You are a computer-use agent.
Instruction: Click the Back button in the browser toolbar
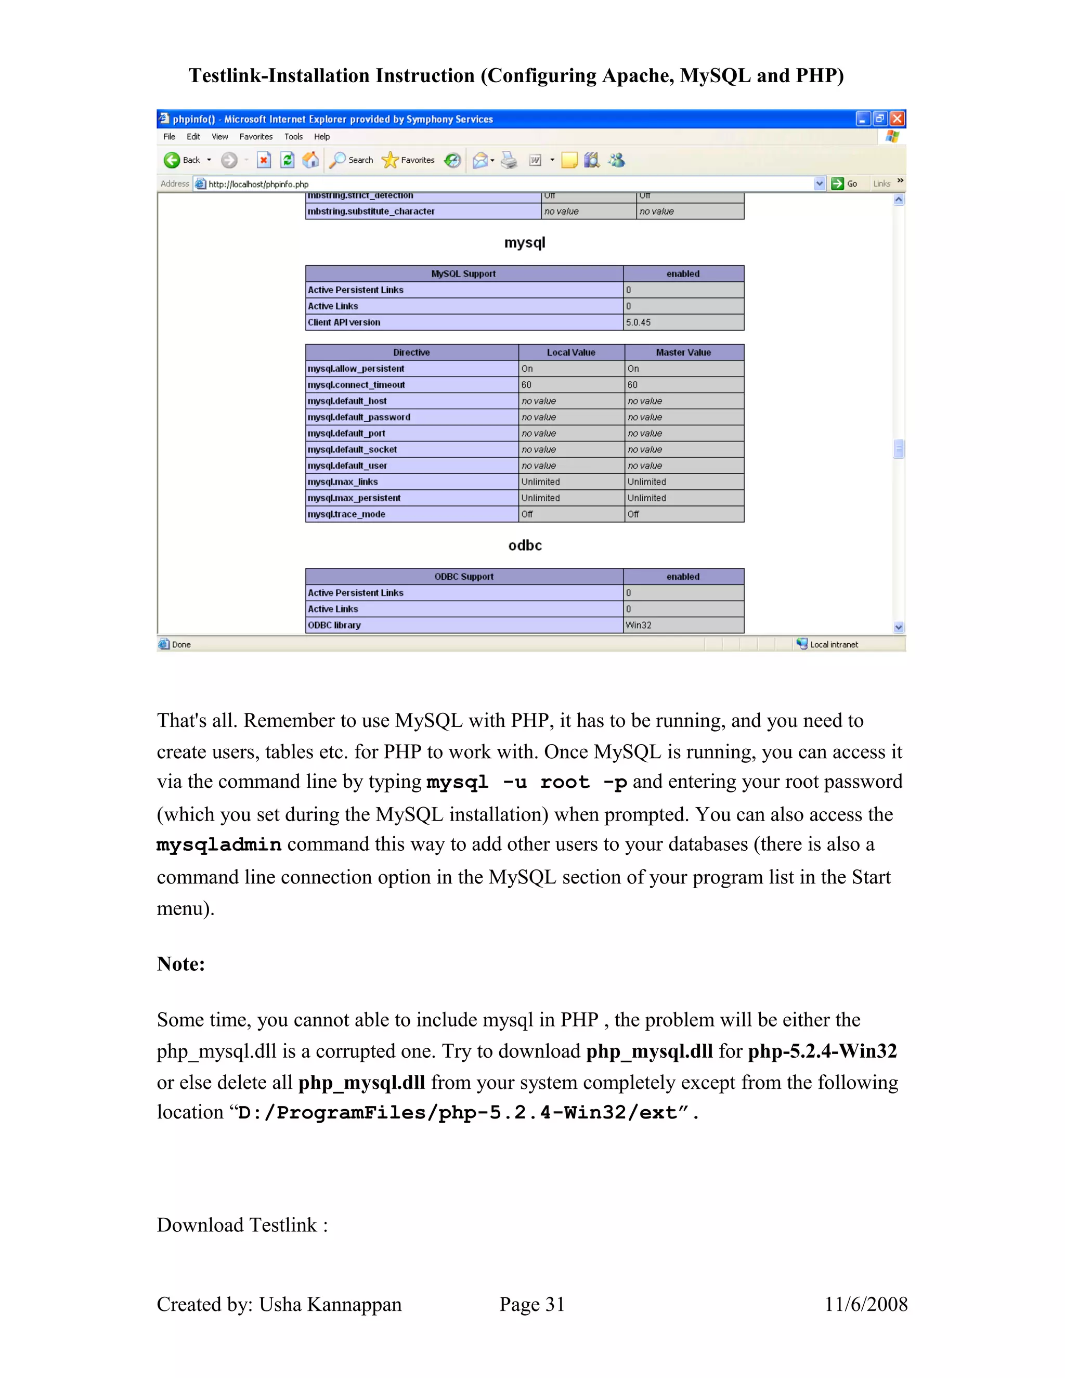[x=181, y=160]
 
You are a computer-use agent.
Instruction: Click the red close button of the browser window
[x=897, y=119]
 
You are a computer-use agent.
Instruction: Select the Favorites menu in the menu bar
[x=255, y=137]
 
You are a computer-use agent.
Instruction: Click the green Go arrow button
[x=837, y=184]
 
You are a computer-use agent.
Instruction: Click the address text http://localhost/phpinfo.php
[x=258, y=184]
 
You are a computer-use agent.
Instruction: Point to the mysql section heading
[x=524, y=243]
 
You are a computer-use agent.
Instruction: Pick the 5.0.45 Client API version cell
[x=638, y=322]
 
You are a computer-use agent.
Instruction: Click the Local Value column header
[x=570, y=353]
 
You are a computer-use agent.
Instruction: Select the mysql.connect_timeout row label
[x=356, y=385]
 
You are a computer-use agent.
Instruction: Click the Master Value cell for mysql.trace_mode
[x=633, y=514]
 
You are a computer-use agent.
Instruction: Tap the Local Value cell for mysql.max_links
[x=540, y=482]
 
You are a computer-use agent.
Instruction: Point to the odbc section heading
[x=524, y=546]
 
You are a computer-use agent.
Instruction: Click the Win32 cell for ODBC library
[x=638, y=625]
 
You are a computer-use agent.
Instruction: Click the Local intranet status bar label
[x=834, y=644]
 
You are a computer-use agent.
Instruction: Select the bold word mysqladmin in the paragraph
[x=219, y=845]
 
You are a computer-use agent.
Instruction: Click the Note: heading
[x=180, y=964]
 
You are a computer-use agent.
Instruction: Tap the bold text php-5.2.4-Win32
[x=822, y=1051]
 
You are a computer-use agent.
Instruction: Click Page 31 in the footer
[x=532, y=1304]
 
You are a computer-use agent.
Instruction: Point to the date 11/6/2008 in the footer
[x=866, y=1304]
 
